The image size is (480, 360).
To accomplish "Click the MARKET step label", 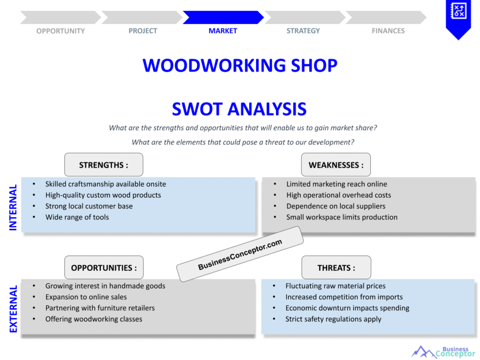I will pos(223,31).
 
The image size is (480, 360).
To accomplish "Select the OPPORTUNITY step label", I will pos(60,31).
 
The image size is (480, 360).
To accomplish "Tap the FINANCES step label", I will pos(388,31).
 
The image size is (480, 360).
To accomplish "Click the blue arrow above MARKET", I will pos(223,18).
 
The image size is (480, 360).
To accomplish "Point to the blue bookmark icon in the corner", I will pos(458,18).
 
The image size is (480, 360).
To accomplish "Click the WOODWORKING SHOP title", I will pos(240,65).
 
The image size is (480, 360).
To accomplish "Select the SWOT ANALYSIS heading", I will pos(239,109).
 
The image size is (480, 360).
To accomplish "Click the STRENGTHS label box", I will pos(104,165).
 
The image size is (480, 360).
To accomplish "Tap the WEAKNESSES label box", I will pos(336,165).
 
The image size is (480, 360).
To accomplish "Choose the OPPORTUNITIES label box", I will pos(104,268).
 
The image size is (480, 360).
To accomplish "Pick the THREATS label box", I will pos(336,268).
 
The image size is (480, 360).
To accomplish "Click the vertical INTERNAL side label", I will pos(13,207).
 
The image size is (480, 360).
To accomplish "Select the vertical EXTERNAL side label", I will pos(13,309).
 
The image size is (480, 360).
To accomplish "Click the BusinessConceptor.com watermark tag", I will pos(240,254).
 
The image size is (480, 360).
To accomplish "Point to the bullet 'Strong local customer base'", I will pos(89,206).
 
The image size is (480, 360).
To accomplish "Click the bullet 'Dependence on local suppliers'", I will pos(336,206).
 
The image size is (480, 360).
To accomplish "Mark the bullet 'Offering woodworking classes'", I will pos(94,319).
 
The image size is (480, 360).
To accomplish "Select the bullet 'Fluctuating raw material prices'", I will pos(335,286).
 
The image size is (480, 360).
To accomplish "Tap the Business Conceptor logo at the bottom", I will pos(443,352).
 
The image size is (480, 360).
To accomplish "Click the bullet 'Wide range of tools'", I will pos(77,217).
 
